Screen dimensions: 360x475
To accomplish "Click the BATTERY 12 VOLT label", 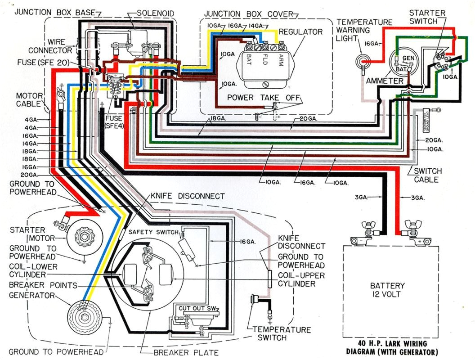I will tap(387, 290).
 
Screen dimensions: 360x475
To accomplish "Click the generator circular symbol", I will tap(83, 315).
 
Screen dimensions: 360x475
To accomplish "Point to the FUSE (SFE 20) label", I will tap(43, 63).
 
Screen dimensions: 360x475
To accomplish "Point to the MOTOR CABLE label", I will tap(29, 100).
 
